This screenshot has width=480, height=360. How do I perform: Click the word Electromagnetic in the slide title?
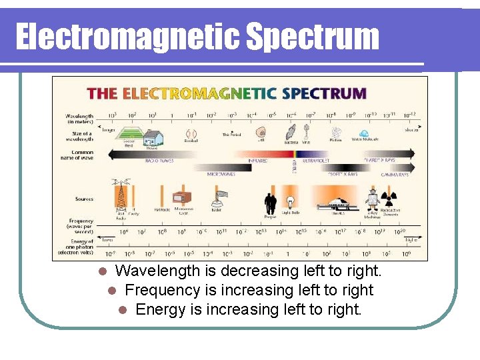coord(127,37)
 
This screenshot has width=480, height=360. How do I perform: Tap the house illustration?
coord(152,137)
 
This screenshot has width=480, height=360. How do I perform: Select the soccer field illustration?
coord(128,135)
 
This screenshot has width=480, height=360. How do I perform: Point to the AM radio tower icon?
coord(121,195)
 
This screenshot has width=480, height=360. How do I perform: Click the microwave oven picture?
coord(182,198)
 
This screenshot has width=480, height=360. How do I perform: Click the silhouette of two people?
coord(270,203)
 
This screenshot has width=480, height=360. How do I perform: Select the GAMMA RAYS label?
coord(395,174)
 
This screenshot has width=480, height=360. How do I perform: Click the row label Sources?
coord(85,199)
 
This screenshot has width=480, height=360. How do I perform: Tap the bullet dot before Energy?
coord(123,310)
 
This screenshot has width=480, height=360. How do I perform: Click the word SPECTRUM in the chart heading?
coord(324,93)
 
